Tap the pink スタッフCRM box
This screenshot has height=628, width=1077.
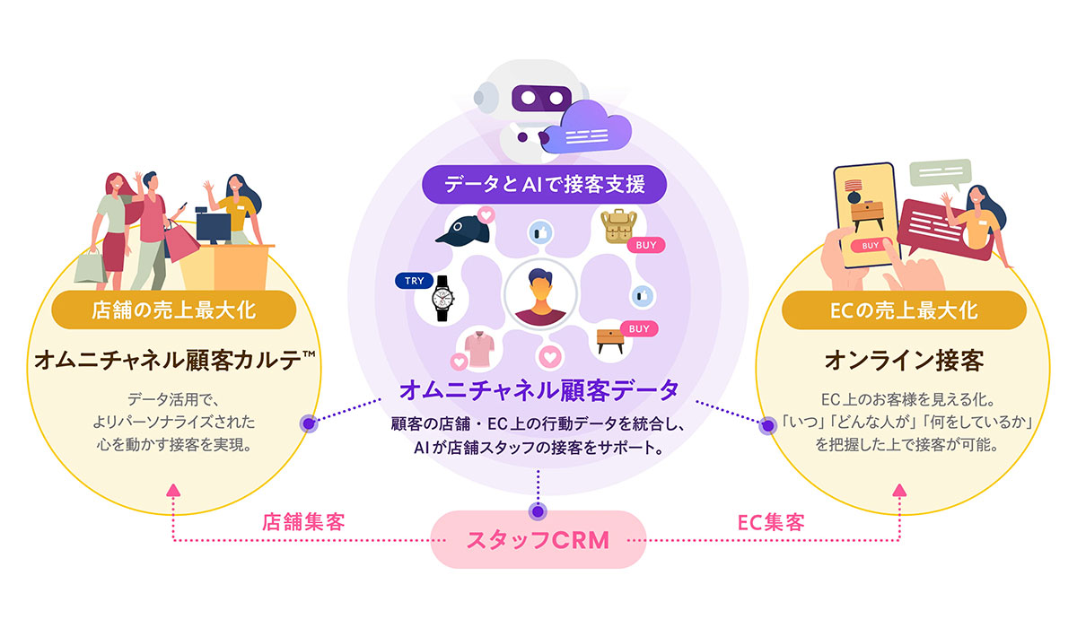pos(538,540)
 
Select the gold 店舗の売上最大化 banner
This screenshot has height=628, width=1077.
pos(173,310)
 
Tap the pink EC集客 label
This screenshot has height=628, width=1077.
pos(770,521)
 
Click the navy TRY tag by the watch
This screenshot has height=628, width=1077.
pos(415,281)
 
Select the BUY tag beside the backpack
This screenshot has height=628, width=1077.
pos(645,244)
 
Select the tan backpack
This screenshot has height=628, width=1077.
pos(618,227)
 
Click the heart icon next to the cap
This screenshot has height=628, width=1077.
pos(486,214)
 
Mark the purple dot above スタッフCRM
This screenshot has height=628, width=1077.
pos(538,511)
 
